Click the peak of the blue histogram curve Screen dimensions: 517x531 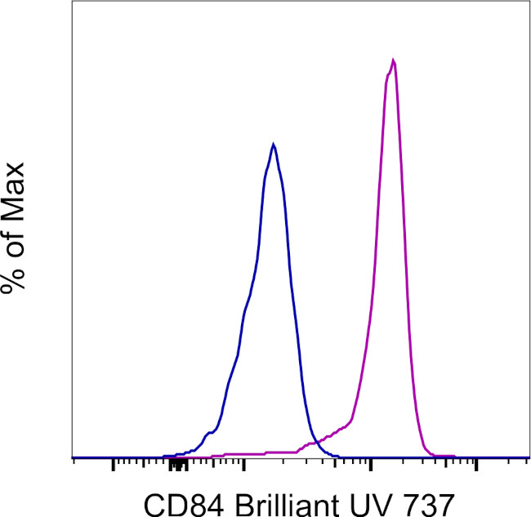pyautogui.click(x=274, y=145)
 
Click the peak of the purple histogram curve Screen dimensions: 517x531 pyautogui.click(x=394, y=60)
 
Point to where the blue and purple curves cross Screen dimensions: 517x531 pyautogui.click(x=315, y=443)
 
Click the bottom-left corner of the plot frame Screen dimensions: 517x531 pyautogui.click(x=74, y=457)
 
